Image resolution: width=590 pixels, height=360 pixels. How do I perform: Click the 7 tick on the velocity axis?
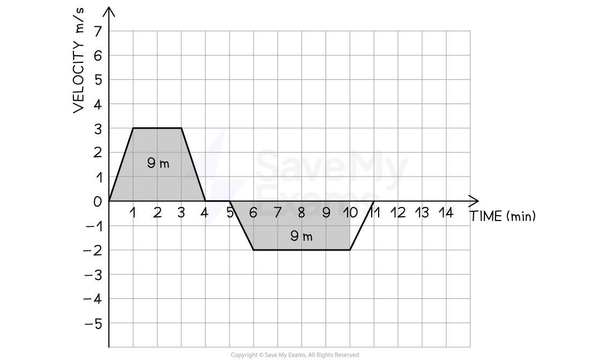coord(98,32)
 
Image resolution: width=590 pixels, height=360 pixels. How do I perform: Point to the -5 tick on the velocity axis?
coord(93,324)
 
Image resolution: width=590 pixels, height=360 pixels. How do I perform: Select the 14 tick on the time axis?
coord(446,213)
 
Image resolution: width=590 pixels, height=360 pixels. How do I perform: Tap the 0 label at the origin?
coord(98,202)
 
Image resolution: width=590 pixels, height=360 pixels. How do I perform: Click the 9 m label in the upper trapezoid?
coord(158,163)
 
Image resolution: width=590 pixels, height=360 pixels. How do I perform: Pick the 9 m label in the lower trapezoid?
coord(301,236)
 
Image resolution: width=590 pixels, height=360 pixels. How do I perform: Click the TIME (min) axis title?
coord(503,216)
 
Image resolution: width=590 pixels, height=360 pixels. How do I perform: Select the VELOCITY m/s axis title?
coord(79,60)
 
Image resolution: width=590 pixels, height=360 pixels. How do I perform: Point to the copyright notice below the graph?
coord(294,355)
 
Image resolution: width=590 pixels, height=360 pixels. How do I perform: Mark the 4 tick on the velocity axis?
coord(98,104)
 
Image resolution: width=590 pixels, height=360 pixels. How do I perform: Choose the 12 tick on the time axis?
coord(398,213)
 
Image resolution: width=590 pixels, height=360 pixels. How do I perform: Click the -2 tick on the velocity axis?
coord(93,251)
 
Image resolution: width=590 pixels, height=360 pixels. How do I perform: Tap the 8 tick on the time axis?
coord(301,213)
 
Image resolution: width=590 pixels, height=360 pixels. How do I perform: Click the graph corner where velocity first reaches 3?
coord(133,128)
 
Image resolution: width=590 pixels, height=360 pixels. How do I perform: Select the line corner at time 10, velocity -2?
coord(350,249)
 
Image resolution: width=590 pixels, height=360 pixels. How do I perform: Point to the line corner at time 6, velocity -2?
coord(254,249)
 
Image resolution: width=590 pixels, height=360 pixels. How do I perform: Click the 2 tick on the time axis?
coord(157,213)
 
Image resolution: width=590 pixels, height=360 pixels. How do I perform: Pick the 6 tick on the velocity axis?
coord(98,56)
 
